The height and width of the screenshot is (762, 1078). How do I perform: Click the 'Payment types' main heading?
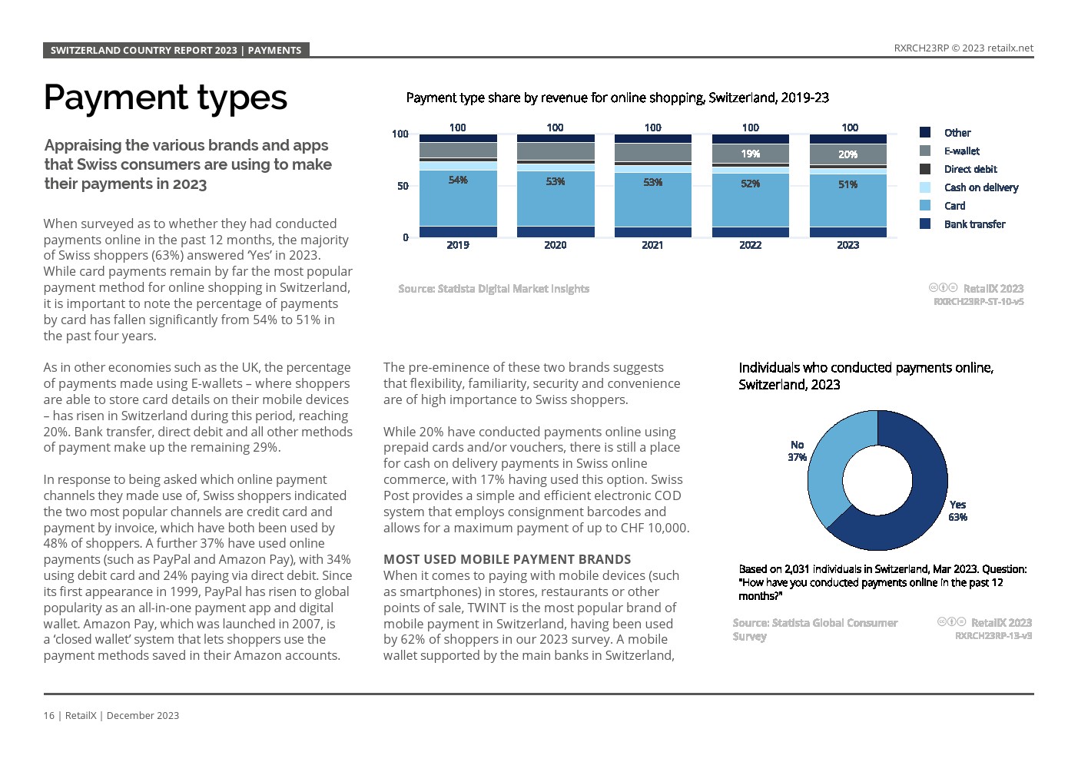coord(165,98)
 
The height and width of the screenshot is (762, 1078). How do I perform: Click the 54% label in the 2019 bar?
coord(458,180)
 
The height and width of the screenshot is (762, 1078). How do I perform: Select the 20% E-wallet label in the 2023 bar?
coord(848,154)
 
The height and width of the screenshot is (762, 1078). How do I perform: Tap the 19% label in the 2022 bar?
coord(751,154)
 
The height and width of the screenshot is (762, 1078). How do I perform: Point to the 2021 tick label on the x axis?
coord(652,245)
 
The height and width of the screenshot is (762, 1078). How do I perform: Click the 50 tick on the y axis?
coord(403,186)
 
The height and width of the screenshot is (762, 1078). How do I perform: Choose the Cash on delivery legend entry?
coord(980,187)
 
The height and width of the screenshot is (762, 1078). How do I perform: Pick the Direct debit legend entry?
coord(970,169)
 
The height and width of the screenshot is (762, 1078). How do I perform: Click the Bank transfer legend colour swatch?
coord(925,224)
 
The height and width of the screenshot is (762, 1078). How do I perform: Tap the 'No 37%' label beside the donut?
coord(797,451)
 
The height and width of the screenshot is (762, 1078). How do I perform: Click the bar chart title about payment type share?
coord(617,98)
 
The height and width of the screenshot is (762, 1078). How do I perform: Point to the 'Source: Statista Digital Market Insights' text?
coord(493,289)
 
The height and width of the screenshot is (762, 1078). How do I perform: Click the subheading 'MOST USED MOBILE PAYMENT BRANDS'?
coord(507,559)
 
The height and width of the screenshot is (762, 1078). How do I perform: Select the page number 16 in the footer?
coord(49,715)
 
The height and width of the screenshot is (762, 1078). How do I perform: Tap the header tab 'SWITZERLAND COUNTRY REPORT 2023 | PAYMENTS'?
coord(176,50)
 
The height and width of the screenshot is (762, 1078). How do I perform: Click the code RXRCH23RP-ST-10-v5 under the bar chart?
coord(978,302)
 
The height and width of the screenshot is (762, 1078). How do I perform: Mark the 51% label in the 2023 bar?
coord(848,184)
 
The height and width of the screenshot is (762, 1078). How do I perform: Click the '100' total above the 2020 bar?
coord(555,128)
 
